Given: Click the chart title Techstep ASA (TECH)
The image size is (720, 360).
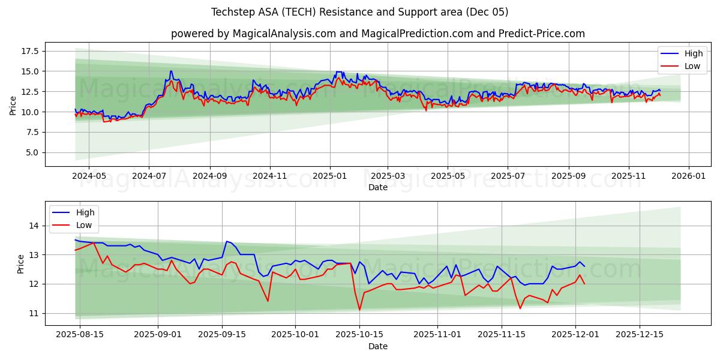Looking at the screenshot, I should click(359, 12).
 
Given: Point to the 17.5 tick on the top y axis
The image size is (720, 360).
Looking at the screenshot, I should click(29, 51).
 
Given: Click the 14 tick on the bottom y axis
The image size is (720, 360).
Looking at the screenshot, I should click(34, 226).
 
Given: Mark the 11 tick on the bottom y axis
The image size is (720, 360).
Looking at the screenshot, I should click(34, 313).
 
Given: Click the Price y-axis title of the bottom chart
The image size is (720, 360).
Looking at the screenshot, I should click(21, 263).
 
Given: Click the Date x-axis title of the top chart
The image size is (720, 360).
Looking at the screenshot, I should click(377, 187).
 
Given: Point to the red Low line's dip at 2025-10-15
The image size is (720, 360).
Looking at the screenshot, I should click(359, 310).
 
